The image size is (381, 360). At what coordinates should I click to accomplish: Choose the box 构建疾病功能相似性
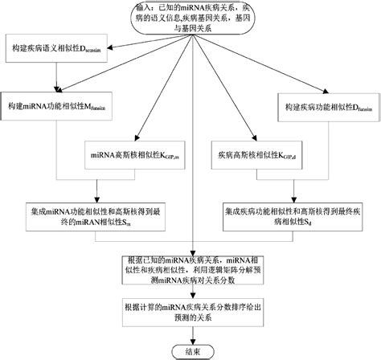326,107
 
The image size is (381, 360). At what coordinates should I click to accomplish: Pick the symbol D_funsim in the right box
358,108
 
